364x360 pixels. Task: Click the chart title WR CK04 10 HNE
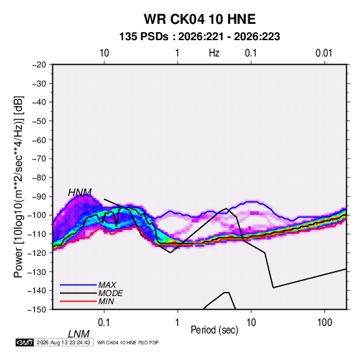(x=199, y=19)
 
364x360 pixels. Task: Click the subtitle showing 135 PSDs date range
(x=199, y=37)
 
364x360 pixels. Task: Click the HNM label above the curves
(x=80, y=193)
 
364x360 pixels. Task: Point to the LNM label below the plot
(x=79, y=334)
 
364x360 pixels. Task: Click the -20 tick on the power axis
(x=39, y=65)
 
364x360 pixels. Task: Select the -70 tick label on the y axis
(x=39, y=159)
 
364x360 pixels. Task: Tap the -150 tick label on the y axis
(x=37, y=310)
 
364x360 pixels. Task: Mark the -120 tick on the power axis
(x=37, y=253)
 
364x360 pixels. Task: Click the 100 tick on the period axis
(x=325, y=323)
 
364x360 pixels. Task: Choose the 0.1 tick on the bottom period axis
(x=104, y=323)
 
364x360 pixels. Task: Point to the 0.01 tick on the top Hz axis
(x=324, y=53)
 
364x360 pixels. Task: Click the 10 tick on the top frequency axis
(x=104, y=53)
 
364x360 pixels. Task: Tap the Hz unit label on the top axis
(x=214, y=53)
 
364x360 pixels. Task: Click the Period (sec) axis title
(x=214, y=330)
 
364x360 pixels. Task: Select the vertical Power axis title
(x=18, y=187)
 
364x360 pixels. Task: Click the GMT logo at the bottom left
(x=25, y=342)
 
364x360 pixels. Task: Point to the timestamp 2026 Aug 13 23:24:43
(x=63, y=342)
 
